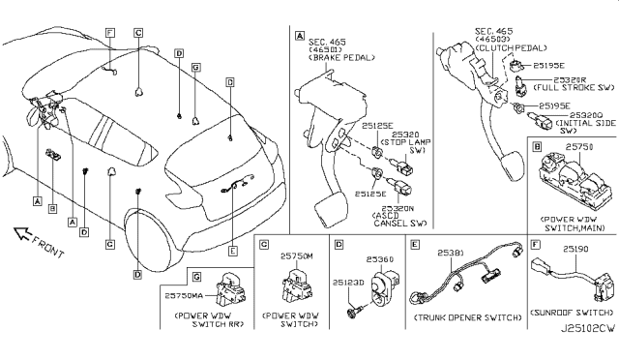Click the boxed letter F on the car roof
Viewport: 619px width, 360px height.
[110, 33]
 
